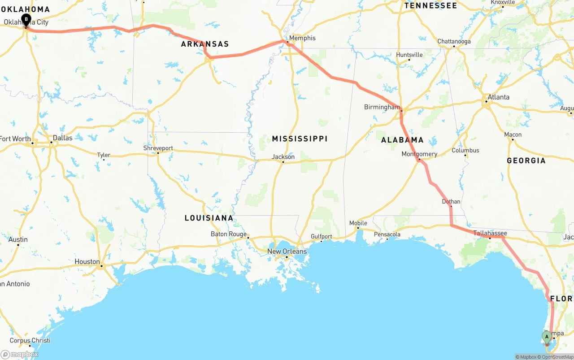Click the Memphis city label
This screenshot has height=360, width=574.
(x=302, y=38)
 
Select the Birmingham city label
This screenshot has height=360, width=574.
(x=382, y=107)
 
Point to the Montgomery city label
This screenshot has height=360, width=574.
(x=419, y=154)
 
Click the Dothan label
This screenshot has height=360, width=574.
(x=451, y=202)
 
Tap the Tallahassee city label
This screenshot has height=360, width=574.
(x=490, y=233)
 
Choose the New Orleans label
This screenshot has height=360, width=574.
(x=287, y=252)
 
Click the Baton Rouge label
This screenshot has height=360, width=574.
(x=229, y=234)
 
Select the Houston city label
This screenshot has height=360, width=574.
(x=87, y=261)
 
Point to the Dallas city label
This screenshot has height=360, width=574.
(x=62, y=138)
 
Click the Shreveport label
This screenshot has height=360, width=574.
(x=158, y=148)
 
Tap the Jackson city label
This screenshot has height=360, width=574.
(x=283, y=157)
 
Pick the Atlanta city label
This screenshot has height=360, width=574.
(x=498, y=97)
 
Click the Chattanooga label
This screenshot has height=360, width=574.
(x=454, y=42)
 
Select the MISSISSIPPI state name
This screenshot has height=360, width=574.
(x=300, y=139)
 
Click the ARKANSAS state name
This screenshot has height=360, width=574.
(x=205, y=44)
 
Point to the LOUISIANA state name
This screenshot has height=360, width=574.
(x=209, y=218)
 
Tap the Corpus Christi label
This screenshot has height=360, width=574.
(x=30, y=341)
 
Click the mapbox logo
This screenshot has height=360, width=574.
(x=20, y=354)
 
